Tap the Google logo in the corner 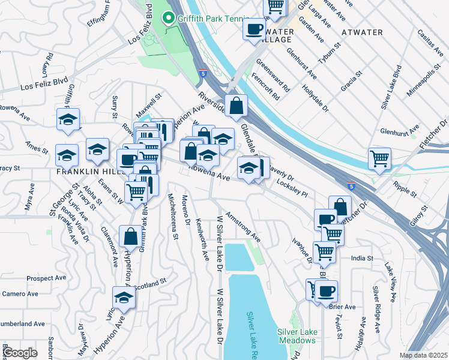[x=20, y=353]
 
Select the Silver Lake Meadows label [x=296, y=336]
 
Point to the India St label [x=362, y=258]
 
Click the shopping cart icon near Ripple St [x=379, y=159]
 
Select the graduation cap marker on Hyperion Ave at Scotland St [x=124, y=298]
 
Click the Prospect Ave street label [x=46, y=278]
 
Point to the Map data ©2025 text [x=423, y=355]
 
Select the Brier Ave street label [x=343, y=307]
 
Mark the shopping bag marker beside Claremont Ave [x=130, y=237]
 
